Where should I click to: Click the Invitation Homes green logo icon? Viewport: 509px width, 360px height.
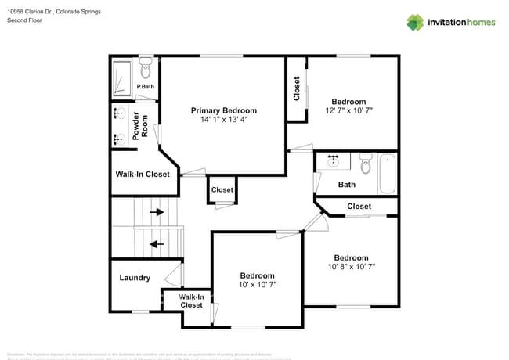click(415, 22)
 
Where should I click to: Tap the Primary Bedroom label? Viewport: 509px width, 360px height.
click(224, 110)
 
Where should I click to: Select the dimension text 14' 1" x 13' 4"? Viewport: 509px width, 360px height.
click(224, 120)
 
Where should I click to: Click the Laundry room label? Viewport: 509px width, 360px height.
click(135, 278)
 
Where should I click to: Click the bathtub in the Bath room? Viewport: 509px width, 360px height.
click(387, 173)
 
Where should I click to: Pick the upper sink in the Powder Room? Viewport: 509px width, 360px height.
click(119, 114)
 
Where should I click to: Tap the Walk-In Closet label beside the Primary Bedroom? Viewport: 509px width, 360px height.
click(143, 174)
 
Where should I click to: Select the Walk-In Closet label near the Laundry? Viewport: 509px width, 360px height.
click(192, 301)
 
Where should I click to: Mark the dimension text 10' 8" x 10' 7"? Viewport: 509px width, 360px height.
click(351, 267)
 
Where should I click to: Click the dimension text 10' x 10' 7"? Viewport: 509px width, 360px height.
click(257, 285)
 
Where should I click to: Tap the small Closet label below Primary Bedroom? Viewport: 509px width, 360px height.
click(222, 189)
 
